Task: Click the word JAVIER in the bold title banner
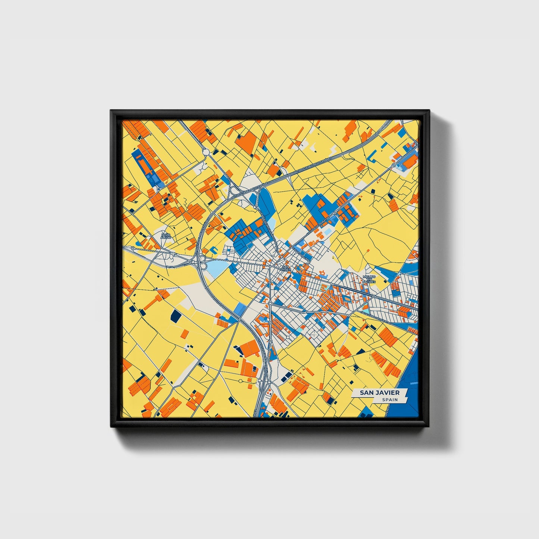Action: (x=386, y=393)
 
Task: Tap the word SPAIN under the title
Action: (x=389, y=400)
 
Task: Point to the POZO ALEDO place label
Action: (x=166, y=236)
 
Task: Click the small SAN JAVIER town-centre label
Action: (x=285, y=268)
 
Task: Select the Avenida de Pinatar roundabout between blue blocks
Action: (x=335, y=213)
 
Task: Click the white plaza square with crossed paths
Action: (x=314, y=335)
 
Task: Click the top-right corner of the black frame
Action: (x=429, y=110)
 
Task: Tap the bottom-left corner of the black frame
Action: (x=111, y=426)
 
